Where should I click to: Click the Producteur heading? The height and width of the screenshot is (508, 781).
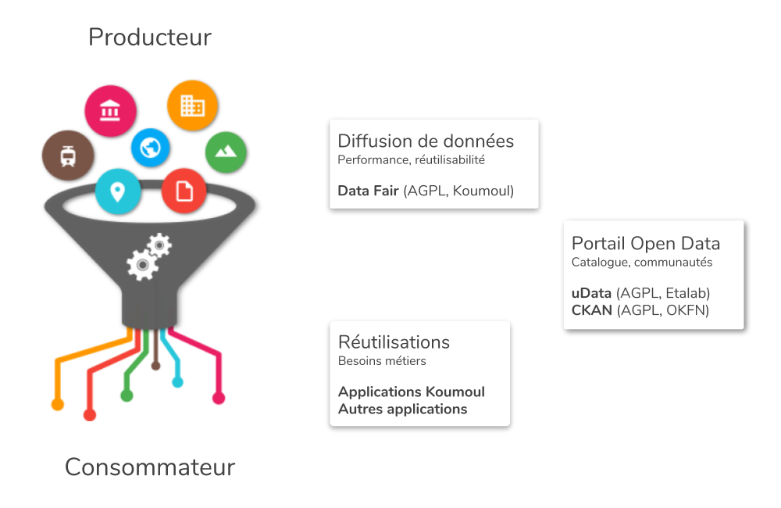point(149,37)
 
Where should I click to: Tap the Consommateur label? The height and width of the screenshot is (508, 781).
point(150,467)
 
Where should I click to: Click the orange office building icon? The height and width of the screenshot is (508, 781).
point(192,106)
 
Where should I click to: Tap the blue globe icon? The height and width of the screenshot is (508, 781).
point(150,147)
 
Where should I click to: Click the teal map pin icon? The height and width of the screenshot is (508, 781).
point(118,191)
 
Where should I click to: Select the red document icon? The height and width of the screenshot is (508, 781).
point(184,191)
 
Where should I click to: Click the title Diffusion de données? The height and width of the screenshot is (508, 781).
point(426,141)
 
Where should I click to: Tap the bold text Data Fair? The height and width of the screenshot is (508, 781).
point(368,191)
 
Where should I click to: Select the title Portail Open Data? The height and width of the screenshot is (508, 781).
point(646,243)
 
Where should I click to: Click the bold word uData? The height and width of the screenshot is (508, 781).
point(591,293)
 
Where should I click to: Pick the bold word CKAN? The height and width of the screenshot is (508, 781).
point(592,310)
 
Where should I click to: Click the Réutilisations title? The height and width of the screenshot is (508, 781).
point(394,342)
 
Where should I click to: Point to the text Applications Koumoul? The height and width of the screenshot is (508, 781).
point(412,392)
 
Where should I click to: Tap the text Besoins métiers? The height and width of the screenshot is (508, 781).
point(382,361)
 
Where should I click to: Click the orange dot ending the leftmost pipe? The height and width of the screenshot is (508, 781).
point(57,404)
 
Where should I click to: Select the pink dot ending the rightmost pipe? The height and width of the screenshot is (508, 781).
point(219,399)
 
